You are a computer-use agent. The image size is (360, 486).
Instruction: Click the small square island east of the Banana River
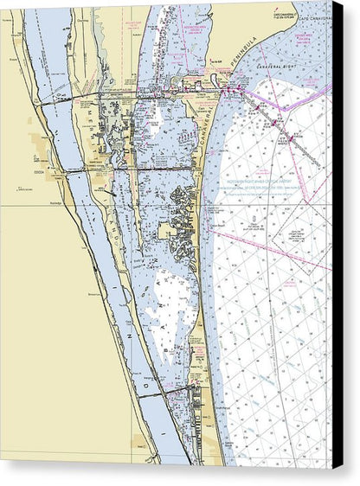[167, 231]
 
